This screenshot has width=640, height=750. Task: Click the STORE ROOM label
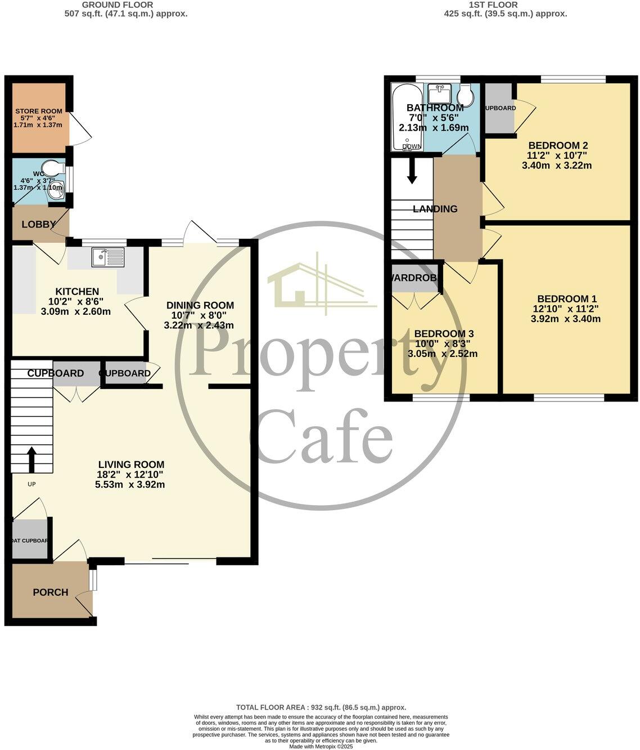38,111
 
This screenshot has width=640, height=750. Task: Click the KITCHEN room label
77,292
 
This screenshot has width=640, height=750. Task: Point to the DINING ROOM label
200,305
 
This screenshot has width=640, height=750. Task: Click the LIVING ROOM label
131,465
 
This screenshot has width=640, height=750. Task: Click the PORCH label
50,592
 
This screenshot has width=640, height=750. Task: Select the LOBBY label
38,224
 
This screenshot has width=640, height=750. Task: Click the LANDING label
435,209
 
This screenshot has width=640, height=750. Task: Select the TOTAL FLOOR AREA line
321,707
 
